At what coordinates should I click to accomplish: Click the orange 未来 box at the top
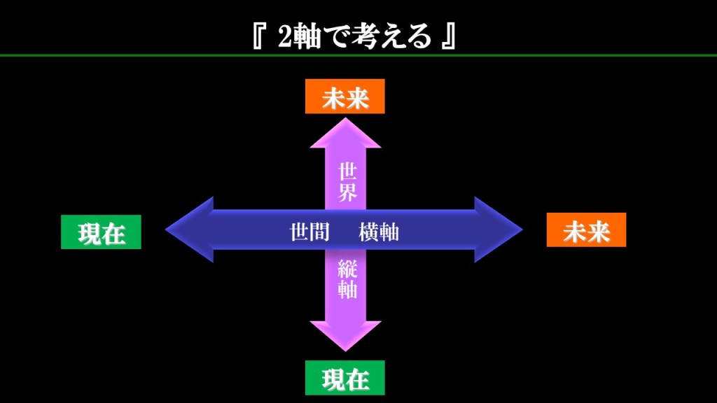click(344, 97)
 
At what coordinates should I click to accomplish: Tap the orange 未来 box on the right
click(586, 230)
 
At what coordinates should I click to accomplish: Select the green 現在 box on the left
click(101, 232)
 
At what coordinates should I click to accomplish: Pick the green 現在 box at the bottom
click(344, 378)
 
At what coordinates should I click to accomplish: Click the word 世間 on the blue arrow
click(309, 232)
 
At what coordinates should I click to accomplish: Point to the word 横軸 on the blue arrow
click(379, 232)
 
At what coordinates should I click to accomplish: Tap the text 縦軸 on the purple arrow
click(347, 278)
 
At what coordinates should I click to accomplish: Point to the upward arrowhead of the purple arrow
click(346, 134)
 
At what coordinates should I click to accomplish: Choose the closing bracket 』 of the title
click(449, 37)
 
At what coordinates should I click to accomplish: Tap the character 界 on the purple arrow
click(347, 192)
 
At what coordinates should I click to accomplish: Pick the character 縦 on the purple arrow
click(347, 268)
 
